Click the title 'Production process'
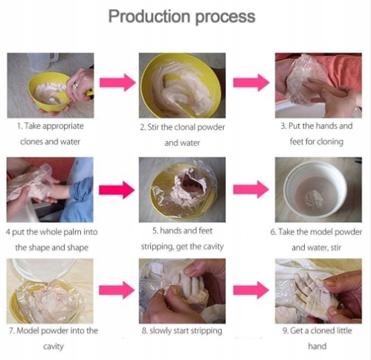[x=182, y=17]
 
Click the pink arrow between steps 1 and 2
[x=117, y=83]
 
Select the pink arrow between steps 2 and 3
[x=251, y=83]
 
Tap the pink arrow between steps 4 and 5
[x=117, y=190]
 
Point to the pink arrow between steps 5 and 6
[x=251, y=190]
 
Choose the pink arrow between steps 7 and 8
[x=117, y=290]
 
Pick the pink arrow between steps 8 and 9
[x=251, y=290]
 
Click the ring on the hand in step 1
[x=75, y=86]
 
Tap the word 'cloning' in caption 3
[x=330, y=142]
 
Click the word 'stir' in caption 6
[x=335, y=248]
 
